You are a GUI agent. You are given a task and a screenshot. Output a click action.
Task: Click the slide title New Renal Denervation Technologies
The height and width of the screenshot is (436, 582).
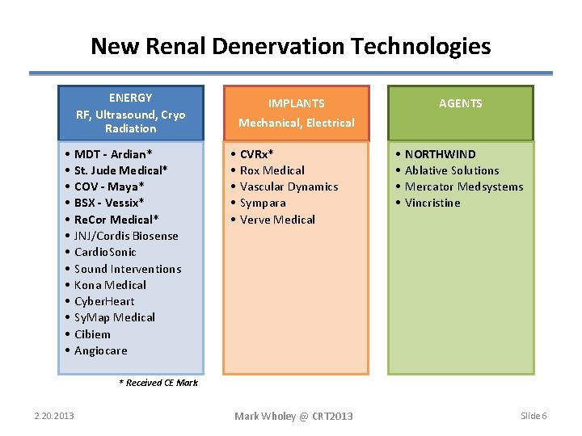[x=290, y=46]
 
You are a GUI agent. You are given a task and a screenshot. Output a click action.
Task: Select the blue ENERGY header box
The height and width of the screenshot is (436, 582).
[x=131, y=113]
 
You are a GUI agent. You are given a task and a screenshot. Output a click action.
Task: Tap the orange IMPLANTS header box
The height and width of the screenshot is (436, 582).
[x=296, y=113]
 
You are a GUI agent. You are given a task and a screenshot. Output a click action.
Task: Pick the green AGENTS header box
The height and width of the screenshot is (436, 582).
[x=461, y=103]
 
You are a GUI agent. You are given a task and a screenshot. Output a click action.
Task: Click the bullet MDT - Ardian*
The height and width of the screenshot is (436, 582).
[x=113, y=154]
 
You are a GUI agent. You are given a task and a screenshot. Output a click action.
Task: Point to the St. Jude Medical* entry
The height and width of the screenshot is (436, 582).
[x=120, y=170]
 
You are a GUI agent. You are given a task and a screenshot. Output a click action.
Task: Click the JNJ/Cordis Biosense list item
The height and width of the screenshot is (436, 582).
[x=126, y=236]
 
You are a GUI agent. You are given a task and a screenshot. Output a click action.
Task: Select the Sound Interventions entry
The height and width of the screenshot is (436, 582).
[x=128, y=269]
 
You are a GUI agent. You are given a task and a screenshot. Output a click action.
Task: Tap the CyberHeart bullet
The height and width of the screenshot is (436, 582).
[x=104, y=301]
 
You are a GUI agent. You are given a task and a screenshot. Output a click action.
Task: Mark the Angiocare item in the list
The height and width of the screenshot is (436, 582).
[x=100, y=350]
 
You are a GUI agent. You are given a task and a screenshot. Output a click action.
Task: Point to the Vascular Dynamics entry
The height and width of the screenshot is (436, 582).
[x=289, y=187]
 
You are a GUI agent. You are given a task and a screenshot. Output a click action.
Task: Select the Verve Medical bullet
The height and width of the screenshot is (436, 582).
[x=277, y=220]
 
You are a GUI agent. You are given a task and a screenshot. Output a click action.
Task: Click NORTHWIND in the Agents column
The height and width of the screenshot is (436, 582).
[x=440, y=154]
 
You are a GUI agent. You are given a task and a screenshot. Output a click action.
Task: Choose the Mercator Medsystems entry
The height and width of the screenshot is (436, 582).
[x=463, y=187]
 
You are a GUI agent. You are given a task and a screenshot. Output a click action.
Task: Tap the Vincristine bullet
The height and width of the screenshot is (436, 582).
[x=432, y=203]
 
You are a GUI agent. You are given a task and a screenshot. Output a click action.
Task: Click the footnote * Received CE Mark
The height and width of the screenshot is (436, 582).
[x=158, y=383]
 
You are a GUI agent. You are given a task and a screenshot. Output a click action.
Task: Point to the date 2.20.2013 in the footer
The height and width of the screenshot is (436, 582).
[x=54, y=416]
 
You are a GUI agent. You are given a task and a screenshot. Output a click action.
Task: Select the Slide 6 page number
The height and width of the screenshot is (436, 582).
[x=533, y=416]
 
